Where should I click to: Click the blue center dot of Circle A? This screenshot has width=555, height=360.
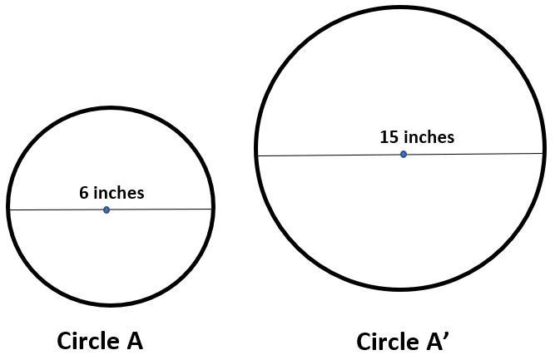[x=107, y=210]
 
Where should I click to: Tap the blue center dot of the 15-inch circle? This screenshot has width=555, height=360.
[x=404, y=154]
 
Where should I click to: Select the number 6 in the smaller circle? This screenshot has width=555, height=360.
[x=84, y=193]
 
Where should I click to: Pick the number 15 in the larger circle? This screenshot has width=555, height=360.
[x=389, y=137]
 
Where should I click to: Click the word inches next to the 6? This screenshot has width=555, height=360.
[x=118, y=193]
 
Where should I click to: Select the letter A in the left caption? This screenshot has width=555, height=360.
[x=132, y=341]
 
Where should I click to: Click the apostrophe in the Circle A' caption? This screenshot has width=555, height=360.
[x=447, y=335]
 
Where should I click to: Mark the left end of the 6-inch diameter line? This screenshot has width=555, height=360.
[x=9, y=210]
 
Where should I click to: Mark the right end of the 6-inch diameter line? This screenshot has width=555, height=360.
[x=212, y=209]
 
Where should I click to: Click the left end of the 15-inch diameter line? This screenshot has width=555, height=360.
[x=257, y=155]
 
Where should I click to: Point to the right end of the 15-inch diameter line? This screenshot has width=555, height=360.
[x=544, y=153]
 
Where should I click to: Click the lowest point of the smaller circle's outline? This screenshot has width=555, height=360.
[x=111, y=304]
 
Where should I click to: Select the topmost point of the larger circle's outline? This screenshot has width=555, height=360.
[x=400, y=7]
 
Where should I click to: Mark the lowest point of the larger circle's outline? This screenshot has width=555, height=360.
[x=400, y=289]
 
